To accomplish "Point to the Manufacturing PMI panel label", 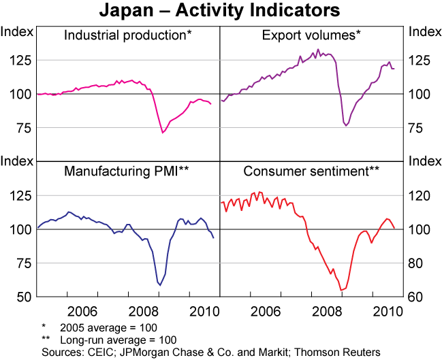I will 127,171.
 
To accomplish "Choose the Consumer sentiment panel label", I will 311,171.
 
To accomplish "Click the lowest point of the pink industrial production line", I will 163,132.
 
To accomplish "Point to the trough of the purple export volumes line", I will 346,125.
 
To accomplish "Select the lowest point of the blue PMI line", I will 160,285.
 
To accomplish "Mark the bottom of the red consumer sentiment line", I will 341,291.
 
